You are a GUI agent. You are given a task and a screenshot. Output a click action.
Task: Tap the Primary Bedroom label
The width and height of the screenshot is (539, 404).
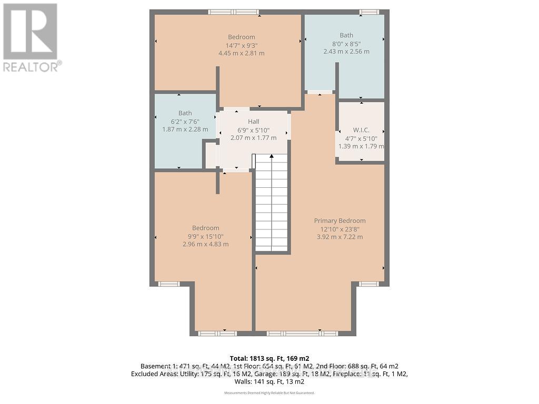[340, 221]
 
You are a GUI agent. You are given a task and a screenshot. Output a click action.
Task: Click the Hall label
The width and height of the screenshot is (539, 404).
[253, 122]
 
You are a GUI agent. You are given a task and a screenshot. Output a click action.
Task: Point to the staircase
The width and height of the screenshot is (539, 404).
[272, 205]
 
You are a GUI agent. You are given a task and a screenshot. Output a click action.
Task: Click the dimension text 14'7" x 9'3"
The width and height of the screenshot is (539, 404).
[241, 45]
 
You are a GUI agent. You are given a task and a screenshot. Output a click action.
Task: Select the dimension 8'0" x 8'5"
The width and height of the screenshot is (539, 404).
[346, 44]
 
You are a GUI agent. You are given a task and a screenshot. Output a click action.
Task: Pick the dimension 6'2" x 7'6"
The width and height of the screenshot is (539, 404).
[185, 122]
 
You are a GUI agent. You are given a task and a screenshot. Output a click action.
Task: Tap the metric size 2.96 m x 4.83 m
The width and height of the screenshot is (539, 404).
[205, 244]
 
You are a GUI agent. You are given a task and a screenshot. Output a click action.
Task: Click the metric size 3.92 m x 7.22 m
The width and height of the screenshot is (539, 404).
[340, 237]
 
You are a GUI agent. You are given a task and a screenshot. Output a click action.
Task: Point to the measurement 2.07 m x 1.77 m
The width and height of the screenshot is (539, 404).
[253, 138]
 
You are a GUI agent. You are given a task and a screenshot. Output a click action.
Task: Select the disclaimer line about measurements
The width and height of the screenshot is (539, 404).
[269, 393]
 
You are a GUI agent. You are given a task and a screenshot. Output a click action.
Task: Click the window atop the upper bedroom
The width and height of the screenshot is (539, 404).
[233, 12]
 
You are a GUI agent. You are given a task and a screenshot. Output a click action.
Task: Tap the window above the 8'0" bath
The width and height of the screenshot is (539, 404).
[369, 12]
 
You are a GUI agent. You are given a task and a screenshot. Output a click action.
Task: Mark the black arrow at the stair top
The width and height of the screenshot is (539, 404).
[272, 156]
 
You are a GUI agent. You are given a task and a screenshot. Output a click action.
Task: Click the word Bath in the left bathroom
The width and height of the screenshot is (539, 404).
[185, 113]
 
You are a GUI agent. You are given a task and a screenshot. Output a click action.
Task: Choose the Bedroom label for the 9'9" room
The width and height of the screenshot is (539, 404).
[205, 228]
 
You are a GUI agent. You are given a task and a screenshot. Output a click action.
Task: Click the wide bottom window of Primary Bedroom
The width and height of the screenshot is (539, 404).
[302, 333]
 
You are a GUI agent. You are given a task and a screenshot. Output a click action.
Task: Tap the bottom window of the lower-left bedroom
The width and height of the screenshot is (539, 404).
[217, 333]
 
